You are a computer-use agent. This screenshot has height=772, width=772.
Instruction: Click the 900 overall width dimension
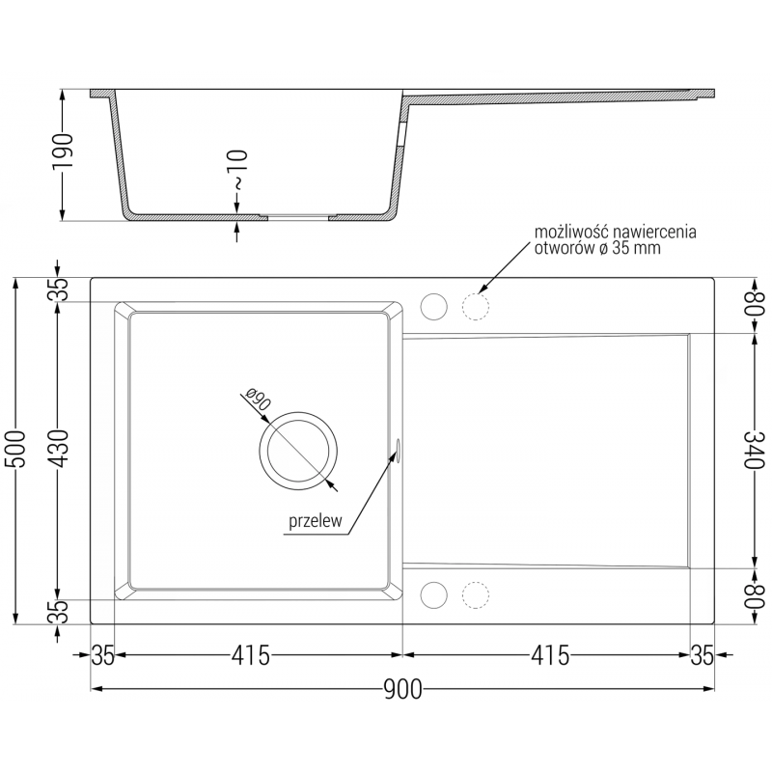click(402, 688)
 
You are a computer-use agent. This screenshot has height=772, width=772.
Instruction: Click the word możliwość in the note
click(573, 234)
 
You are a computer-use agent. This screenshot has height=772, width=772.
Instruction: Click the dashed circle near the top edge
click(476, 306)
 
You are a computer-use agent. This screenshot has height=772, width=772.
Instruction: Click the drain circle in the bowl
click(298, 452)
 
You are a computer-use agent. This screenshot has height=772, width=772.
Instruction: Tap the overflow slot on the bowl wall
click(397, 446)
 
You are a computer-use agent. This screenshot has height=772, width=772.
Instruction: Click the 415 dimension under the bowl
click(251, 656)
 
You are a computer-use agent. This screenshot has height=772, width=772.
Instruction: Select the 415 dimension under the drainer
click(547, 656)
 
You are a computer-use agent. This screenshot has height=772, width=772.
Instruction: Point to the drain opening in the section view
click(298, 216)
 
